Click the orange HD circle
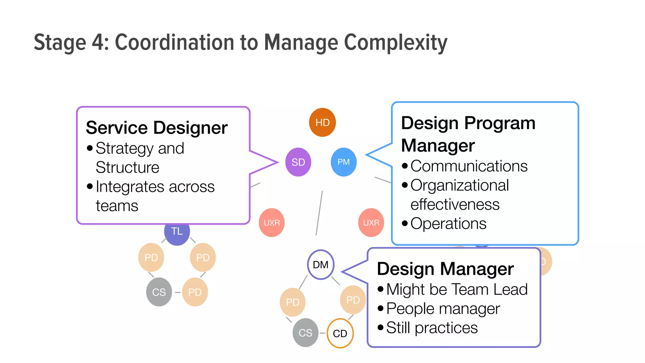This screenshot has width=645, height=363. (322, 122)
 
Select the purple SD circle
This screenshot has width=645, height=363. (298, 162)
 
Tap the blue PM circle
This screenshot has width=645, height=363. (344, 162)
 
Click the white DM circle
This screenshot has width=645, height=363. (321, 265)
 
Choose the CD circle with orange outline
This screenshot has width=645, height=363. (340, 333)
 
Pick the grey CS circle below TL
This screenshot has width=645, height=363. (159, 292)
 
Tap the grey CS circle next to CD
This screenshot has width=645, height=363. (305, 333)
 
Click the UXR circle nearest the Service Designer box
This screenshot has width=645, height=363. (271, 222)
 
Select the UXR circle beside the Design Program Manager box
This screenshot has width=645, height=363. (371, 222)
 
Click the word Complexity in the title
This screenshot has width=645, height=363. (396, 43)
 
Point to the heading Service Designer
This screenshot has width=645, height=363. (157, 128)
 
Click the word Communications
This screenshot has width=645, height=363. (469, 166)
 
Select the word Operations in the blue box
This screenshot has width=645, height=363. (448, 224)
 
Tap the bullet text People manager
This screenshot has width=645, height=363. (443, 309)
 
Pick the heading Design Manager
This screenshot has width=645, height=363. (445, 269)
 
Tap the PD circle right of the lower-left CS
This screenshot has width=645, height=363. (195, 292)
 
